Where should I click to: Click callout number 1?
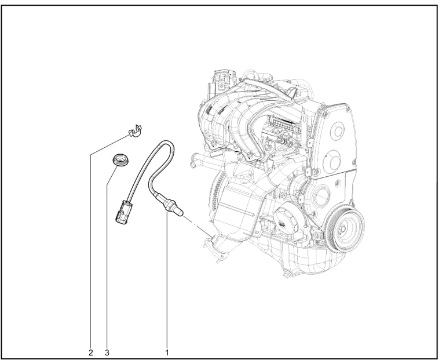click(x=167, y=352)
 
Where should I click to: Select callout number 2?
click(x=91, y=353)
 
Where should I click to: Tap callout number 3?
click(x=107, y=353)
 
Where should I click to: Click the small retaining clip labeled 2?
click(x=135, y=132)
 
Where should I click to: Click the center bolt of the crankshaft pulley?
click(x=343, y=230)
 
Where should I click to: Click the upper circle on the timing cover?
click(x=339, y=130)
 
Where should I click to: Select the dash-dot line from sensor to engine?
click(x=198, y=225)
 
